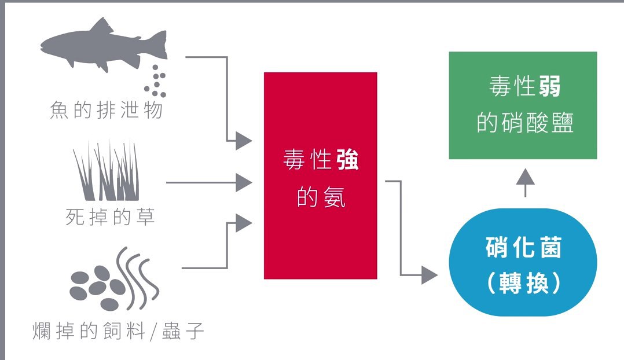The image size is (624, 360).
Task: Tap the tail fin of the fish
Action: (x=156, y=44)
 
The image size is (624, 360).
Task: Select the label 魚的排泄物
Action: (x=107, y=109)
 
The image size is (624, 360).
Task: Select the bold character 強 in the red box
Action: (x=347, y=160)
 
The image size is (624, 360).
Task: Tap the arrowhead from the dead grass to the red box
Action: (x=244, y=183)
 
